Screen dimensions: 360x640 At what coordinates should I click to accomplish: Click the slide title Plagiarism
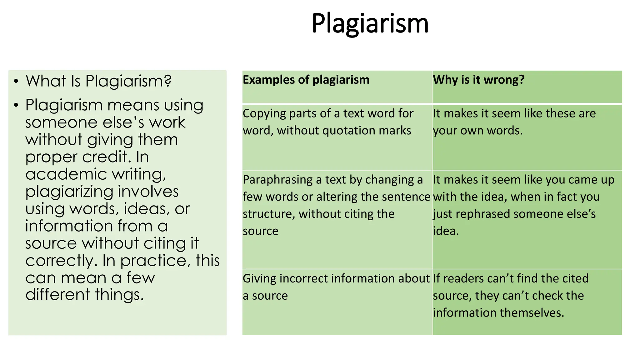click(370, 23)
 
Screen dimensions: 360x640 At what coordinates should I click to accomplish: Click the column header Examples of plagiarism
click(306, 80)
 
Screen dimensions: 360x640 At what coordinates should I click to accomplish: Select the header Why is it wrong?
click(478, 80)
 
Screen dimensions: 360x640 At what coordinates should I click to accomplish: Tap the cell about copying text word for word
click(328, 122)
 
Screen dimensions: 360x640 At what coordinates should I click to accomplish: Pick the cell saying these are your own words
click(514, 122)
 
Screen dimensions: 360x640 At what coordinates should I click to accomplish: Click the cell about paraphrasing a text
click(336, 205)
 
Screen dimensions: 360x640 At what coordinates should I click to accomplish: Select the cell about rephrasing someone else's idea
click(523, 205)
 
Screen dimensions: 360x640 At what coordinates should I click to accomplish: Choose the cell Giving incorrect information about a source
click(336, 287)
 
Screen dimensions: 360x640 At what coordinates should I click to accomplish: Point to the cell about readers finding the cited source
click(511, 295)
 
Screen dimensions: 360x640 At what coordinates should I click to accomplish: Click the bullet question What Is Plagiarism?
click(98, 81)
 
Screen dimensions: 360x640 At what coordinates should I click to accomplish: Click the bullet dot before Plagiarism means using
click(16, 105)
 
